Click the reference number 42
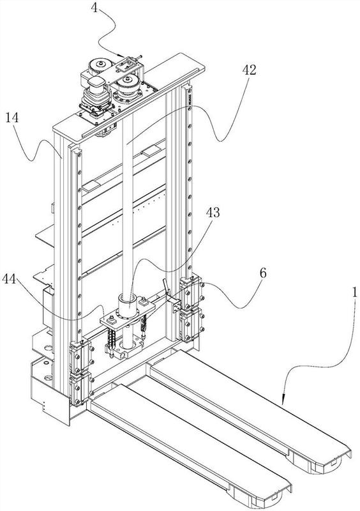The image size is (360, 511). click(x=249, y=70)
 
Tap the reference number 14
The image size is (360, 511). click(x=12, y=118)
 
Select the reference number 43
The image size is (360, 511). click(x=213, y=213)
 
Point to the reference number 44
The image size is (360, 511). click(x=9, y=278)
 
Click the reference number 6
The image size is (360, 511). click(x=263, y=273)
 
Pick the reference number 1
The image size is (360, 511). click(x=355, y=291)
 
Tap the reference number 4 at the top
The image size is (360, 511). click(x=94, y=8)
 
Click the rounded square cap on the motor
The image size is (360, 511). click(x=96, y=85)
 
